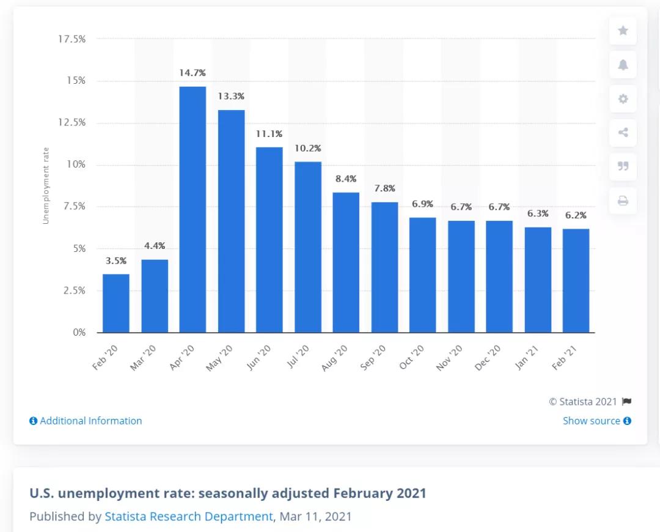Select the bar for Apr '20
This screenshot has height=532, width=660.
[x=193, y=209]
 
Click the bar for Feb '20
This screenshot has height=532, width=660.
[x=116, y=303]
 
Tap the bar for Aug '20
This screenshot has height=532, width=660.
[x=346, y=262]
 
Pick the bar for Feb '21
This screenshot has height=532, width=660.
[x=576, y=281]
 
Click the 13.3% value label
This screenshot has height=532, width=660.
[x=231, y=96]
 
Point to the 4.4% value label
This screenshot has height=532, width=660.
[x=154, y=246]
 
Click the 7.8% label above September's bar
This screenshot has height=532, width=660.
[x=384, y=188]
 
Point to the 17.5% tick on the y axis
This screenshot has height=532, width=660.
[x=71, y=39]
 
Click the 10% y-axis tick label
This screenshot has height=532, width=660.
[x=76, y=164]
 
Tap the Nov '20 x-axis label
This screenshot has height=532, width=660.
[x=450, y=358]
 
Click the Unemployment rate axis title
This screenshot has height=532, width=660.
[x=46, y=185]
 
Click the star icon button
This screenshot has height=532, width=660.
[x=623, y=31]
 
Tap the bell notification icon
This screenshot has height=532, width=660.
[x=623, y=65]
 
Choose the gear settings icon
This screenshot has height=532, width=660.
[x=623, y=99]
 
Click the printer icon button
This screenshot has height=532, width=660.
[x=623, y=201]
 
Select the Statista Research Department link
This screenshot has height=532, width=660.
[x=189, y=516]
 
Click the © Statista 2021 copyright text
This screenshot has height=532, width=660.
[x=583, y=402]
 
